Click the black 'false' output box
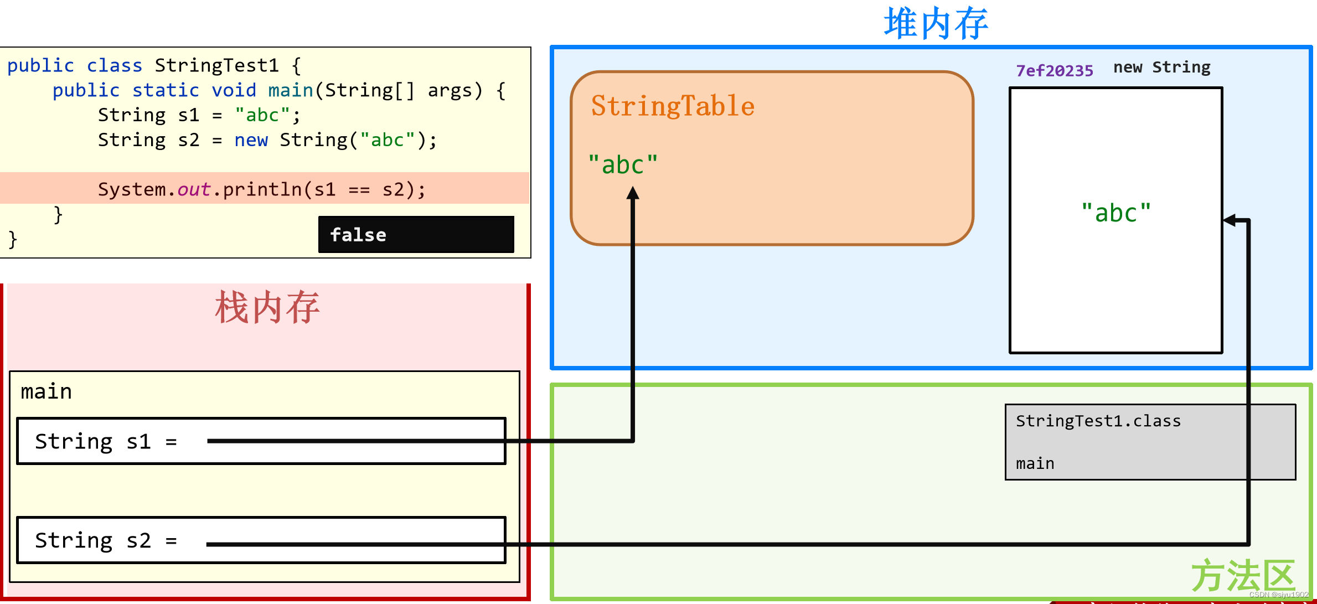(x=416, y=235)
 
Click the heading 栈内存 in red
(x=267, y=308)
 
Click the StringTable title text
(x=672, y=106)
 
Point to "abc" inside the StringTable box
(x=623, y=165)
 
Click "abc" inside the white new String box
(x=1116, y=213)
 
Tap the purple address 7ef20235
(x=1054, y=71)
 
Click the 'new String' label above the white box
(x=1161, y=68)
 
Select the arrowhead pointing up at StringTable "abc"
(x=633, y=193)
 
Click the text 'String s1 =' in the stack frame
(x=106, y=442)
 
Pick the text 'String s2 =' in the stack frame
(x=106, y=540)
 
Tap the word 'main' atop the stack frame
(x=46, y=392)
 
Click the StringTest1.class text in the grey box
(x=1098, y=421)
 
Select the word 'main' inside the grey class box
(x=1035, y=463)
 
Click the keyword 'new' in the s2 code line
(x=251, y=140)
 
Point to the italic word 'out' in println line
(x=193, y=190)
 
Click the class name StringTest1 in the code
(x=216, y=66)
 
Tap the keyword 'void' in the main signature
(x=234, y=90)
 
